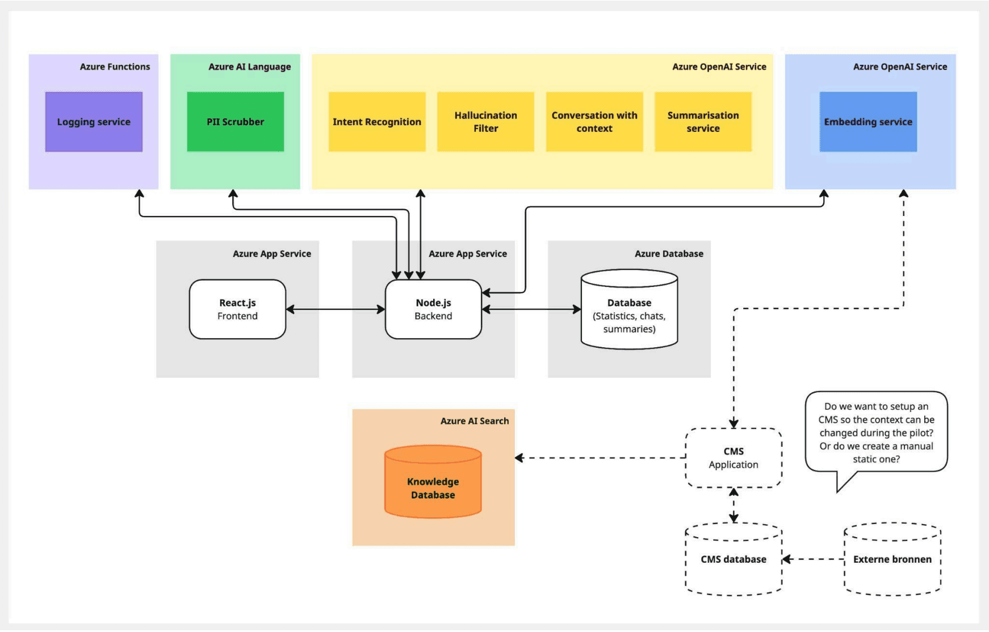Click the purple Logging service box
point(94,122)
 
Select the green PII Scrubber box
point(235,122)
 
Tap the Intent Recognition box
point(377,122)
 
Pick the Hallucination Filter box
point(485,122)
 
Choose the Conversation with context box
point(594,122)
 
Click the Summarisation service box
point(703,122)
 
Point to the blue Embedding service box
point(868,122)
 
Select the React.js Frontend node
point(237,309)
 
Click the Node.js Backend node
point(433,309)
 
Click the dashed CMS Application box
point(734,458)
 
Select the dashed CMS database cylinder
point(734,560)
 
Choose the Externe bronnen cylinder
point(892,560)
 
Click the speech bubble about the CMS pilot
point(876,432)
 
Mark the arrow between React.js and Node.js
point(335,309)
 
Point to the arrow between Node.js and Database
point(531,309)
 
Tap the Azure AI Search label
point(475,421)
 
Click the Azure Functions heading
point(115,66)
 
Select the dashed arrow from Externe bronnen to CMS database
point(813,559)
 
